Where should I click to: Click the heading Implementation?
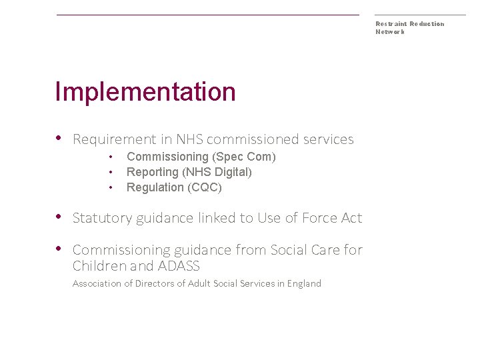(145, 92)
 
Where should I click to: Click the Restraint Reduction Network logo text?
(409, 27)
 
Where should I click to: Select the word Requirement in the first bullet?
(114, 139)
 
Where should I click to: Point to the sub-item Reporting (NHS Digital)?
(189, 172)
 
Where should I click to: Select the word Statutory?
(102, 218)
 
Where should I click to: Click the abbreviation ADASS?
(179, 266)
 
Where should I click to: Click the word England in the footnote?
(304, 283)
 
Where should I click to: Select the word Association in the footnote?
(97, 283)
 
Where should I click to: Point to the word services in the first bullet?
(328, 139)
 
